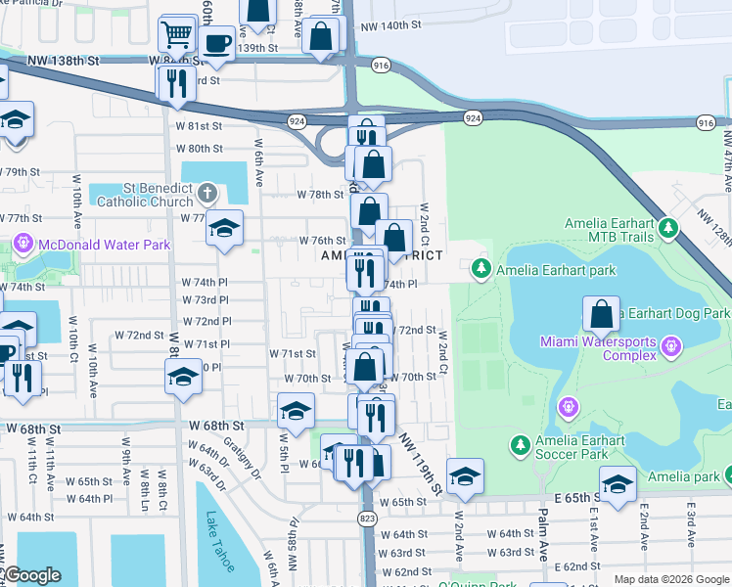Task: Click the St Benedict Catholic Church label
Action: (144, 196)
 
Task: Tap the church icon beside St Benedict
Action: (206, 191)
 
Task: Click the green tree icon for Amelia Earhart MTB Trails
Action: (668, 228)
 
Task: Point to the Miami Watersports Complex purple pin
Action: (670, 344)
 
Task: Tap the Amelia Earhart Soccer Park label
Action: (579, 448)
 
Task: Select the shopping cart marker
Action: (176, 35)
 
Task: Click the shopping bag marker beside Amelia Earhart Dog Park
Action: (601, 315)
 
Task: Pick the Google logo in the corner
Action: (31, 575)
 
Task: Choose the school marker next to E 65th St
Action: (617, 485)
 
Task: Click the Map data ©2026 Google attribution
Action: (670, 579)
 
